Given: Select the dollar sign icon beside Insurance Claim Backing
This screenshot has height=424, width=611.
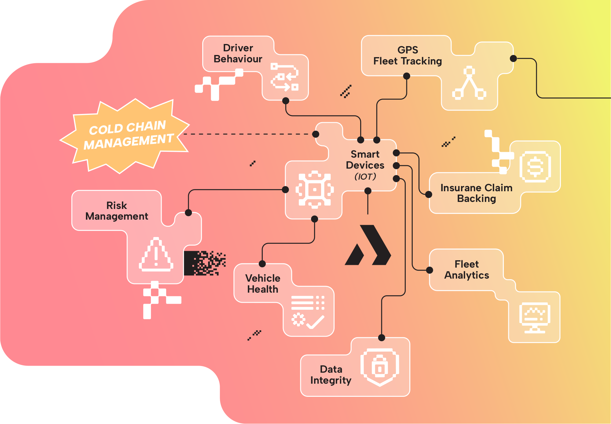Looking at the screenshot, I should click(x=535, y=167).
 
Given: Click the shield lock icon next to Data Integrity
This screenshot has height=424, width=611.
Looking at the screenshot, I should click(x=380, y=367).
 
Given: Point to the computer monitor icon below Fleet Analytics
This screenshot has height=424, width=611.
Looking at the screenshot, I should click(x=535, y=318).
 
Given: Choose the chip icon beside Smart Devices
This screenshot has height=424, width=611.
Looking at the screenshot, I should click(x=314, y=190).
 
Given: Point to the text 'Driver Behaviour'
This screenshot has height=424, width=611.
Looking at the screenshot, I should click(x=238, y=53).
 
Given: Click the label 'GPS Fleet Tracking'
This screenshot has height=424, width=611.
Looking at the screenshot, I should click(x=408, y=56).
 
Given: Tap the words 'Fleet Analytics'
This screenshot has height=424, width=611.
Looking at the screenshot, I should click(x=466, y=270).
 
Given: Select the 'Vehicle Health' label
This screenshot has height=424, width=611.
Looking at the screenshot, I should click(x=263, y=284).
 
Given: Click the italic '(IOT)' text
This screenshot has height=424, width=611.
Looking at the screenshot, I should click(x=365, y=177).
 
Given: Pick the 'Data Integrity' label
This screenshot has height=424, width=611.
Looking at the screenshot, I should click(x=331, y=375).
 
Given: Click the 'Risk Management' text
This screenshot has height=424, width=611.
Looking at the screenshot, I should click(x=117, y=211).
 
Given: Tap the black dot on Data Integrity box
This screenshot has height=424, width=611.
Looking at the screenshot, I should click(x=382, y=338).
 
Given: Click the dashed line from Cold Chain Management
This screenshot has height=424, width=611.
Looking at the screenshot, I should click(x=247, y=134).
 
